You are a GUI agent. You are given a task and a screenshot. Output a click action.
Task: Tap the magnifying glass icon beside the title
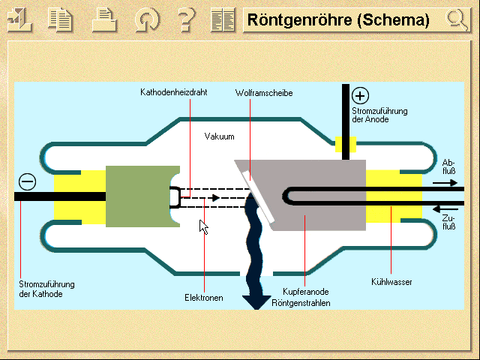pyautogui.click(x=455, y=20)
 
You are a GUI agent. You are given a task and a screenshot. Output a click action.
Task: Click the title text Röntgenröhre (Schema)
pyautogui.click(x=339, y=20)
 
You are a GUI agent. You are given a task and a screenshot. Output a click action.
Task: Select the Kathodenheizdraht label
pyautogui.click(x=173, y=93)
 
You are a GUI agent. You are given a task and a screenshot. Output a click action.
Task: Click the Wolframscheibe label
pyautogui.click(x=263, y=93)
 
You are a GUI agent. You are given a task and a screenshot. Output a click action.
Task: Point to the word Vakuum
pyautogui.click(x=220, y=136)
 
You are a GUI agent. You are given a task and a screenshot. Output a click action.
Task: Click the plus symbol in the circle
pyautogui.click(x=361, y=95)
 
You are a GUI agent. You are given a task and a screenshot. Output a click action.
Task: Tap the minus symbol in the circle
pyautogui.click(x=27, y=181)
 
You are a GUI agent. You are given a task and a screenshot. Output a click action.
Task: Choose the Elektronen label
pyautogui.click(x=204, y=298)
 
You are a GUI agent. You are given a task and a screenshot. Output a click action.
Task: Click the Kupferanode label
pyautogui.click(x=306, y=291)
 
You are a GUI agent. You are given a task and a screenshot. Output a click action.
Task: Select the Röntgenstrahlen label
pyautogui.click(x=306, y=303)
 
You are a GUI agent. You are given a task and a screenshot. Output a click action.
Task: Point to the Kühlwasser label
pyautogui.click(x=391, y=282)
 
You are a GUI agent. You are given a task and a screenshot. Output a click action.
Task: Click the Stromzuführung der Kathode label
pyautogui.click(x=46, y=289)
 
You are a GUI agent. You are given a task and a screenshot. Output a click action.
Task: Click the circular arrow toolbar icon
pyautogui.click(x=146, y=20)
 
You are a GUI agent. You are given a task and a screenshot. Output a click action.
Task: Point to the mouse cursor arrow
pyautogui.click(x=202, y=226)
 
